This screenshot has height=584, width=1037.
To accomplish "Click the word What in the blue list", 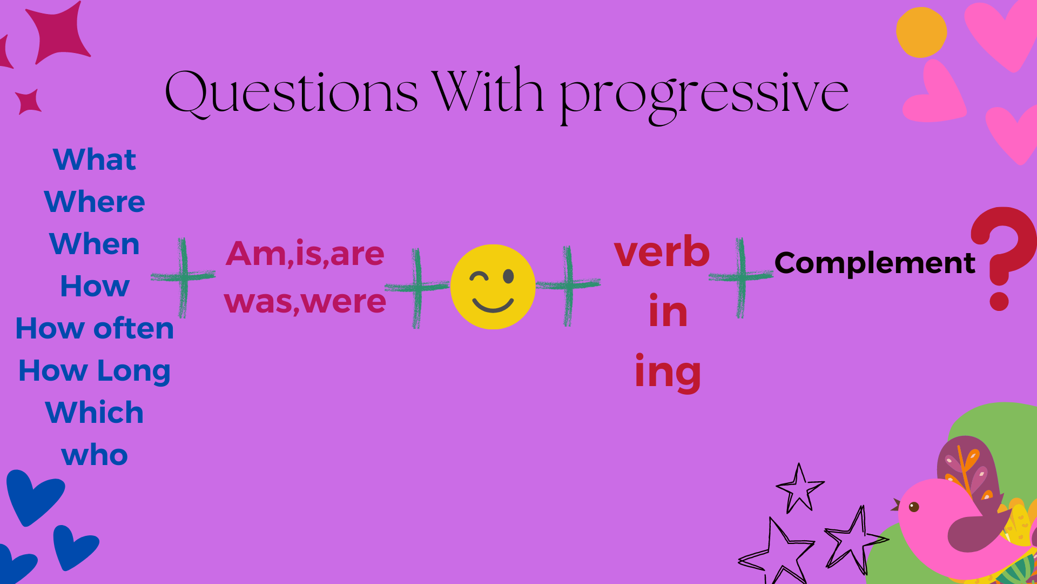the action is click(x=95, y=160).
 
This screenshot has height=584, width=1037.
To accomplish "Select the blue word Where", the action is click(x=95, y=202).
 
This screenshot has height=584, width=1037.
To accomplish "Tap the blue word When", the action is click(x=95, y=244).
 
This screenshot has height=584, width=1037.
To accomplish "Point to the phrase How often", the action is click(x=95, y=328).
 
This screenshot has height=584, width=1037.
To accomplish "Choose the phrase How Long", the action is click(x=95, y=371).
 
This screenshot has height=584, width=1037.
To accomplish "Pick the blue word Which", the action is click(x=95, y=413).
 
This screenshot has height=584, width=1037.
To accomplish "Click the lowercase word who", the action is click(x=95, y=455).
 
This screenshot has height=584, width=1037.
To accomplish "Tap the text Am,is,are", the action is click(x=305, y=254).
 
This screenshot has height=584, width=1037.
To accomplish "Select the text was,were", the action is click(x=305, y=302).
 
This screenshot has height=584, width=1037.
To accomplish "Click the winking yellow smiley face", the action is click(x=493, y=287).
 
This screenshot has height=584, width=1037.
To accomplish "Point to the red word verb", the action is click(x=662, y=251).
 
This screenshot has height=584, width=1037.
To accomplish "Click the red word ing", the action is click(x=668, y=373).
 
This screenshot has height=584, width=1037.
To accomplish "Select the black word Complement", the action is click(x=875, y=263).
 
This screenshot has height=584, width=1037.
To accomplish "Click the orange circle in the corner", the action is click(x=921, y=32).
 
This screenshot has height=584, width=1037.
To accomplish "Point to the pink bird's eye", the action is click(x=914, y=507).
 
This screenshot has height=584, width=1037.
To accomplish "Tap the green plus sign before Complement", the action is click(x=740, y=277).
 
